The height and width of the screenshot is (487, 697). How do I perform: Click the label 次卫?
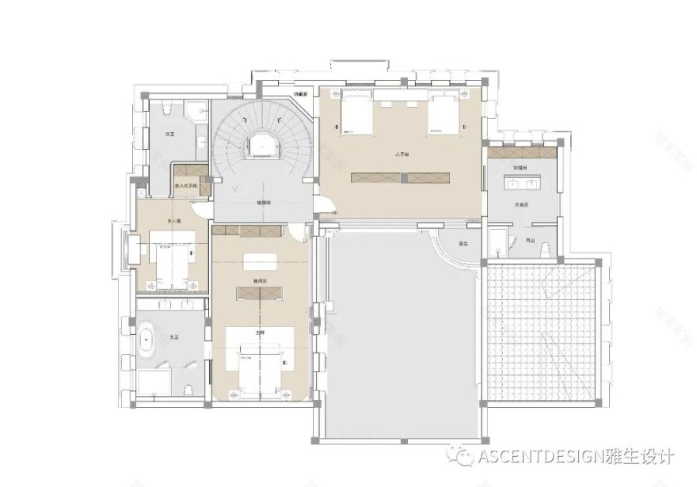[169, 135]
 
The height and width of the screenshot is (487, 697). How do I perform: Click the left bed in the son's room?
[356, 113]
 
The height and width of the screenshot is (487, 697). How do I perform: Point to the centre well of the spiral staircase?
[261, 145]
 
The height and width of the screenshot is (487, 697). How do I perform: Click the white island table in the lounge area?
[260, 260]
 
